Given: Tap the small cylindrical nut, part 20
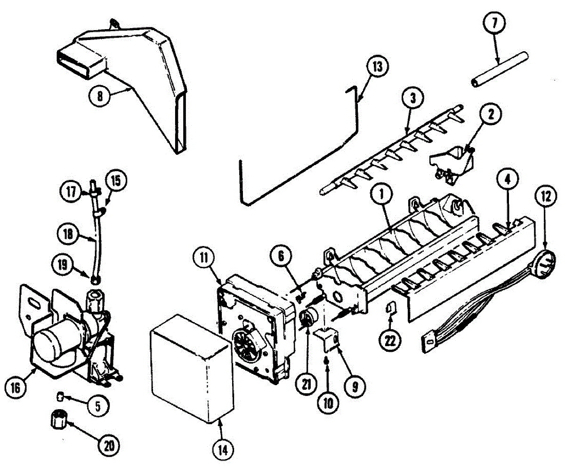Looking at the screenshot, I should [x=57, y=419].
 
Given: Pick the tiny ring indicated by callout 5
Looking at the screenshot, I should [x=60, y=396].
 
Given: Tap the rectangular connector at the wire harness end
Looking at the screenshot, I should [x=429, y=343].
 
